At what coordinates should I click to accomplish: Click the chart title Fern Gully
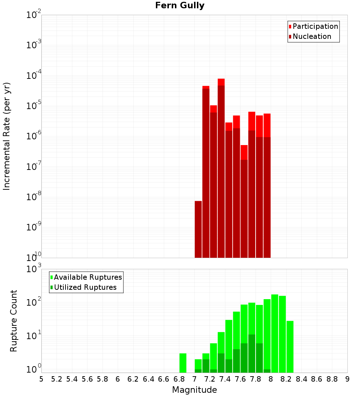pos(180,5)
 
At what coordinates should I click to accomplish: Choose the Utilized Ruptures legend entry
pos(85,287)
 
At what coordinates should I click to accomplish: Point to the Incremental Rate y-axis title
pos(7,136)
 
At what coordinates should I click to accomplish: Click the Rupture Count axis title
pos(14,321)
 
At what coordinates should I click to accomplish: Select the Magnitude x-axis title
pos(194,390)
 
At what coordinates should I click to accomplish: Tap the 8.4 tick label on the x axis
pos(301,379)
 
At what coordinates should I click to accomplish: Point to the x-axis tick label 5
pos(41,379)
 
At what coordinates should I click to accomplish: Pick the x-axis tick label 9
pos(347,379)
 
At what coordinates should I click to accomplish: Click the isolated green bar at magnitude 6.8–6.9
pos(183,363)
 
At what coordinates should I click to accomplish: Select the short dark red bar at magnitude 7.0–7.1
pos(198,229)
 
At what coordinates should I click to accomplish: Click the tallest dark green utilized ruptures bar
pos(252,354)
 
